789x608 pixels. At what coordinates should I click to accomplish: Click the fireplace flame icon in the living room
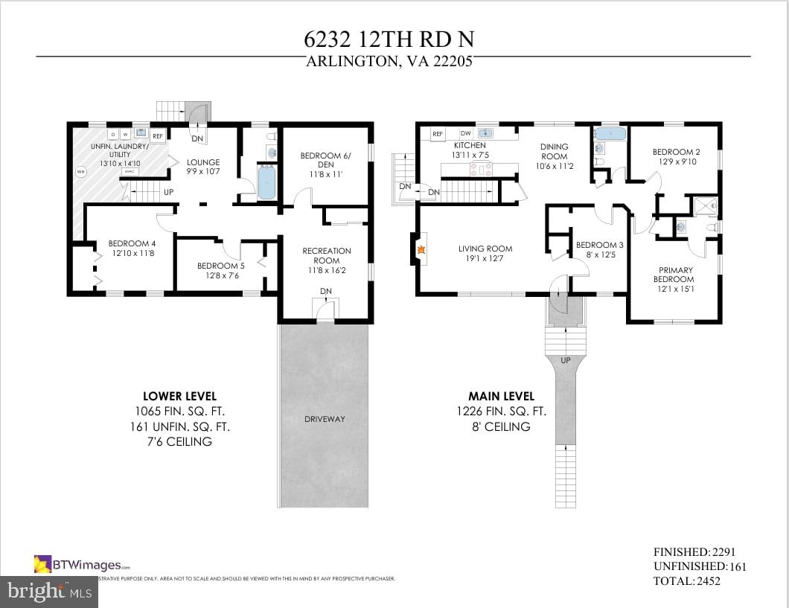pyautogui.click(x=421, y=252)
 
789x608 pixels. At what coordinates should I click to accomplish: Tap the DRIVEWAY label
pyautogui.click(x=325, y=419)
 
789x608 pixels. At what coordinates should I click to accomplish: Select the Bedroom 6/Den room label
pyautogui.click(x=325, y=160)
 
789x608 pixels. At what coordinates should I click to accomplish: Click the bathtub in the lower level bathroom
pyautogui.click(x=266, y=182)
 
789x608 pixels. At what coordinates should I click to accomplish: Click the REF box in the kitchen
pyautogui.click(x=438, y=134)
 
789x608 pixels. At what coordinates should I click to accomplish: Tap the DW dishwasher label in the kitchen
pyautogui.click(x=466, y=133)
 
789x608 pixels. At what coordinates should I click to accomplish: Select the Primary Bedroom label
pyautogui.click(x=674, y=275)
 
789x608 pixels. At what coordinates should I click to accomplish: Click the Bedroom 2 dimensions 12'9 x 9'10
pyautogui.click(x=676, y=161)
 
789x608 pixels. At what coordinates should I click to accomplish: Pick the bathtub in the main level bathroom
pyautogui.click(x=610, y=135)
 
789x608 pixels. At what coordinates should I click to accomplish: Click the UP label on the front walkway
pyautogui.click(x=566, y=360)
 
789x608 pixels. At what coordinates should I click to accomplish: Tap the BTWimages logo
pyautogui.click(x=82, y=564)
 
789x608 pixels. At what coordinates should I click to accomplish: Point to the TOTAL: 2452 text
pyautogui.click(x=686, y=580)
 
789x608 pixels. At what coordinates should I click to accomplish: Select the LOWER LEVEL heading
pyautogui.click(x=179, y=397)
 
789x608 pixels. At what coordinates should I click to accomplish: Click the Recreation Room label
pyautogui.click(x=326, y=256)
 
